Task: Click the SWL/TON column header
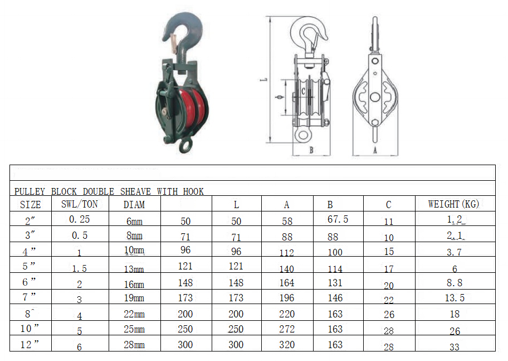(x=79, y=204)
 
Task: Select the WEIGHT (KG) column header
(x=453, y=204)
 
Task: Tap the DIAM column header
(x=134, y=205)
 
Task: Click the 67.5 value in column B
(x=338, y=219)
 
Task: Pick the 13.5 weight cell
(x=455, y=298)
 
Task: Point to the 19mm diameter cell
(x=134, y=298)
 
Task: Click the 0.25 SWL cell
(x=79, y=219)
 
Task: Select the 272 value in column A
(x=287, y=329)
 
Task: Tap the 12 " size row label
(x=30, y=344)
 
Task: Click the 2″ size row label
(x=30, y=221)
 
